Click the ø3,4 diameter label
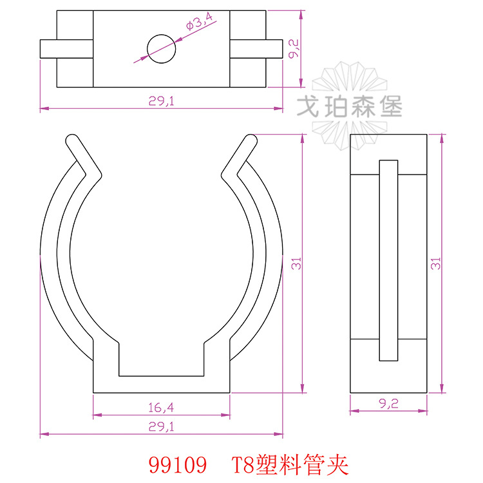(x=199, y=24)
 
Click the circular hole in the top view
(x=161, y=48)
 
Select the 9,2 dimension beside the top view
(x=293, y=49)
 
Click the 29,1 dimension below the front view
(x=161, y=426)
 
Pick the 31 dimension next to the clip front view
(x=296, y=263)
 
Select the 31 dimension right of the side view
(x=435, y=263)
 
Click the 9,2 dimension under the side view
(x=388, y=404)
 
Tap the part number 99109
(x=177, y=463)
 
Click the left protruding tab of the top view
(x=49, y=49)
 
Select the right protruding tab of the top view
(x=274, y=49)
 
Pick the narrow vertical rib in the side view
(x=388, y=260)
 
